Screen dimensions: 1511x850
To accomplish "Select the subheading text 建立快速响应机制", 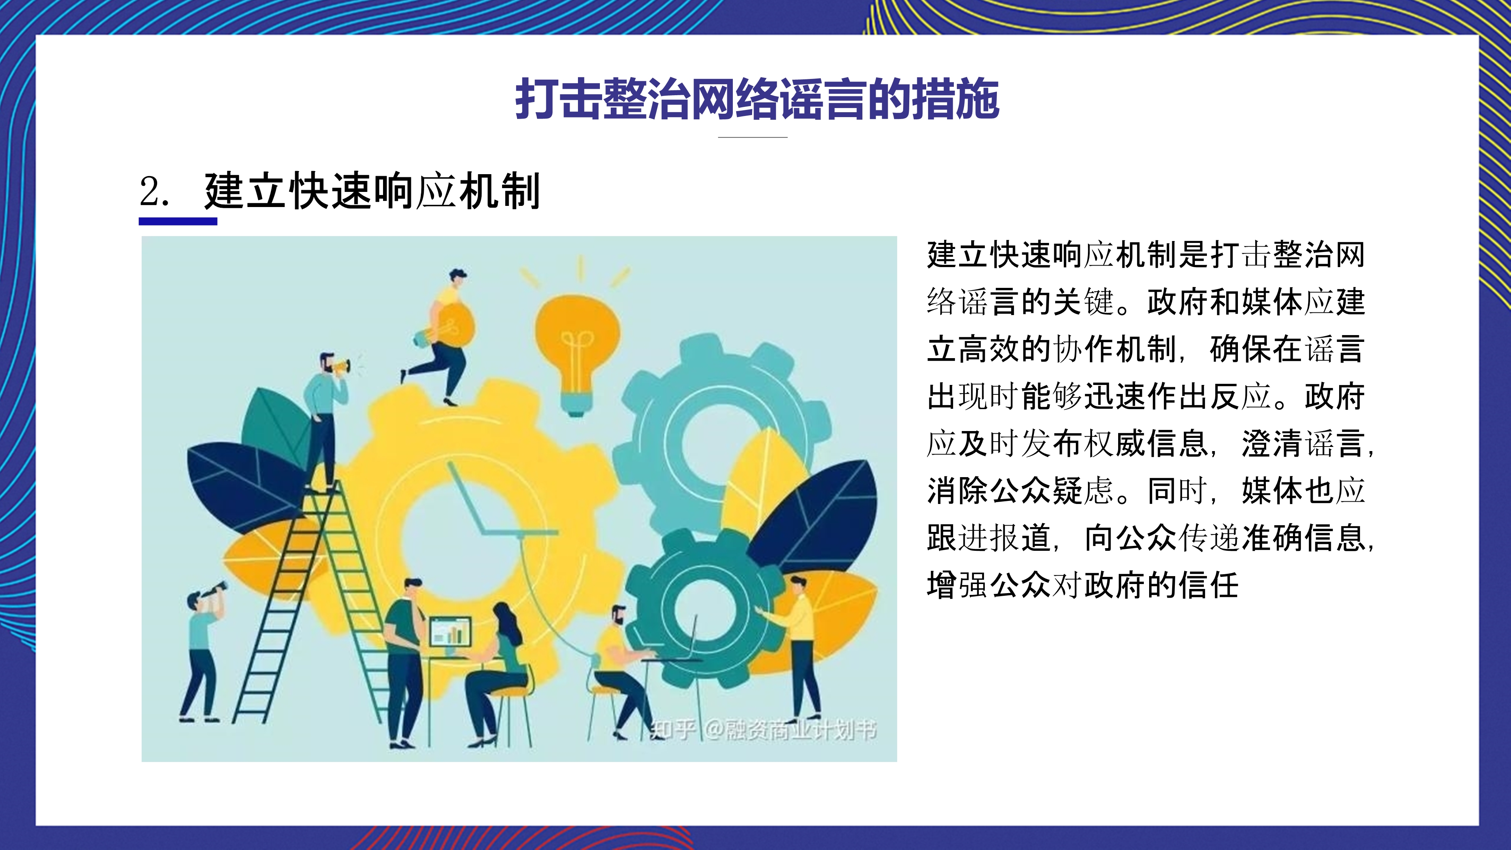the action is [372, 191].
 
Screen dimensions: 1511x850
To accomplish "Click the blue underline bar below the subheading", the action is [178, 221].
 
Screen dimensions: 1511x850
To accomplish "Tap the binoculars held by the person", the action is [216, 590].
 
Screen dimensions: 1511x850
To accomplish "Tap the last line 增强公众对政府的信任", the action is [1083, 585].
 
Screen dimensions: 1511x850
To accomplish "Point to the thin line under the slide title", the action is [752, 137].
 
